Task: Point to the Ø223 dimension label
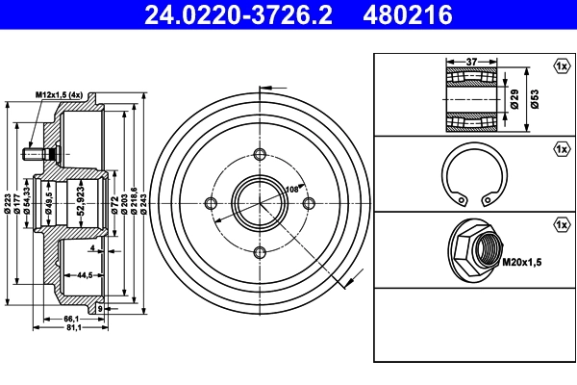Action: [x=9, y=203]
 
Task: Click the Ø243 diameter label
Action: [x=143, y=203]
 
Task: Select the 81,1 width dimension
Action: [x=72, y=327]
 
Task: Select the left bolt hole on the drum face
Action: [x=211, y=202]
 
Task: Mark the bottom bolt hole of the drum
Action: [x=260, y=252]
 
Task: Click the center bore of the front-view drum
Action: [x=260, y=203]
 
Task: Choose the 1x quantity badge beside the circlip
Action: [x=561, y=149]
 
